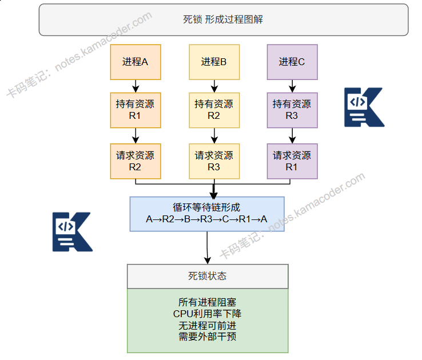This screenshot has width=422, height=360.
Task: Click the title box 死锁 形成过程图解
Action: [x=223, y=19]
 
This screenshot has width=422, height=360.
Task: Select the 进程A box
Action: [x=135, y=62]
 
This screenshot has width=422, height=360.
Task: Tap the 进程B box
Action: [x=214, y=62]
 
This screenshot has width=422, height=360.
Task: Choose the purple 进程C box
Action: [x=292, y=62]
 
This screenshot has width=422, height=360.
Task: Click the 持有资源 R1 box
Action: [x=135, y=110]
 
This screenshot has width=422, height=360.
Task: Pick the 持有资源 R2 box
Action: [x=214, y=110]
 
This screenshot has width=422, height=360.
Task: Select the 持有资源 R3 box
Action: [x=292, y=110]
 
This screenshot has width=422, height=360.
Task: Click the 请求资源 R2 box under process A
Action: [x=135, y=161]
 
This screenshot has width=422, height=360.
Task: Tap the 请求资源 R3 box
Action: [x=214, y=161]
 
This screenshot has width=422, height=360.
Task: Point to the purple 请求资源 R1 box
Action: [x=292, y=161]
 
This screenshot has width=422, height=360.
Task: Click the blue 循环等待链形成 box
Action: [x=206, y=214]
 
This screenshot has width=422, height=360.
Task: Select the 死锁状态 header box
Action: [x=207, y=276]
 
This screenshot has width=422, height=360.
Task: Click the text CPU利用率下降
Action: [x=207, y=314]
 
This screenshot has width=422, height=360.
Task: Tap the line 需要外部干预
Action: [x=207, y=337]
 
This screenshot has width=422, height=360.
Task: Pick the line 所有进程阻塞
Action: [x=207, y=303]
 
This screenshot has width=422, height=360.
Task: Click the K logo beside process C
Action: [x=364, y=107]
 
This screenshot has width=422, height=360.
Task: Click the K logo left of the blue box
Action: [x=72, y=232]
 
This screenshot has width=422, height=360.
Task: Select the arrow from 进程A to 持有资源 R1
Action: [x=135, y=86]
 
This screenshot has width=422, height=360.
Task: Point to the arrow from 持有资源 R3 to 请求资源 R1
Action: [x=292, y=135]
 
